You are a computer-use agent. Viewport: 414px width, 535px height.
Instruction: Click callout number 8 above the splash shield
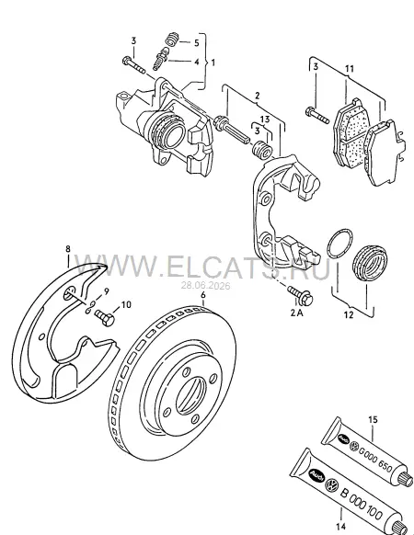(x=68, y=249)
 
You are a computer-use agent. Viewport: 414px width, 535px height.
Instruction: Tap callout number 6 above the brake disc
(x=203, y=294)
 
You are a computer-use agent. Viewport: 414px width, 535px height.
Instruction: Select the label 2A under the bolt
(x=296, y=313)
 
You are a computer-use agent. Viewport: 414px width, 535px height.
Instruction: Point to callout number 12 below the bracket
(x=349, y=314)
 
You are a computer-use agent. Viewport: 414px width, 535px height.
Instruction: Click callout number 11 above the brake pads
(x=349, y=69)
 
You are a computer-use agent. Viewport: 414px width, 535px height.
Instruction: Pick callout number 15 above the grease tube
(x=374, y=419)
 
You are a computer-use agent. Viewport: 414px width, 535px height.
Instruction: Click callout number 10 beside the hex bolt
(x=126, y=304)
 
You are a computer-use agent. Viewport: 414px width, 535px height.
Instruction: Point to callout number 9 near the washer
(x=107, y=291)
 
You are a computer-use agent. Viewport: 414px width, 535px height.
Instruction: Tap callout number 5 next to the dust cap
(x=196, y=43)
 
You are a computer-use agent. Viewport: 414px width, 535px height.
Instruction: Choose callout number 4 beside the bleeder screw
(x=196, y=63)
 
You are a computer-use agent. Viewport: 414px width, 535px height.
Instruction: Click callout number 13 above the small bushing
(x=265, y=120)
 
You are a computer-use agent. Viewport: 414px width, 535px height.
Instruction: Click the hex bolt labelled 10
(x=105, y=318)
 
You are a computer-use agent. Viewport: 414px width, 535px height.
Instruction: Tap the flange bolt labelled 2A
(x=301, y=295)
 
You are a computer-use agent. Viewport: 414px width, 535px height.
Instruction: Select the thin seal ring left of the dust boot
(x=339, y=243)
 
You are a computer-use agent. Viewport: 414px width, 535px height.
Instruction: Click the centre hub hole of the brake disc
(x=191, y=396)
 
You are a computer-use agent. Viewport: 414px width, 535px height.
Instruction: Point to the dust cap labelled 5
(x=171, y=39)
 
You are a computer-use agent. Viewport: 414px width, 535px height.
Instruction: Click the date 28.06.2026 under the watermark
(x=205, y=285)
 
